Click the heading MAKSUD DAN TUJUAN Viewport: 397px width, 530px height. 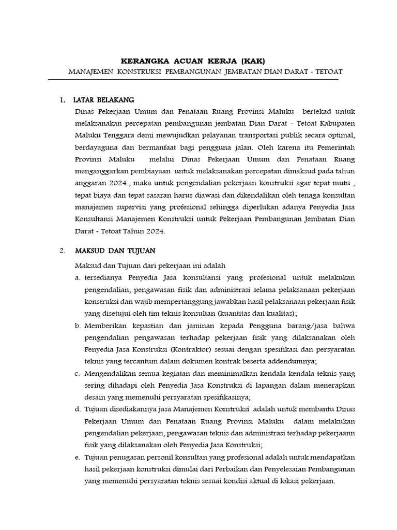(x=114, y=251)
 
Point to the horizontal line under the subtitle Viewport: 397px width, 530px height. (x=193, y=80)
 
